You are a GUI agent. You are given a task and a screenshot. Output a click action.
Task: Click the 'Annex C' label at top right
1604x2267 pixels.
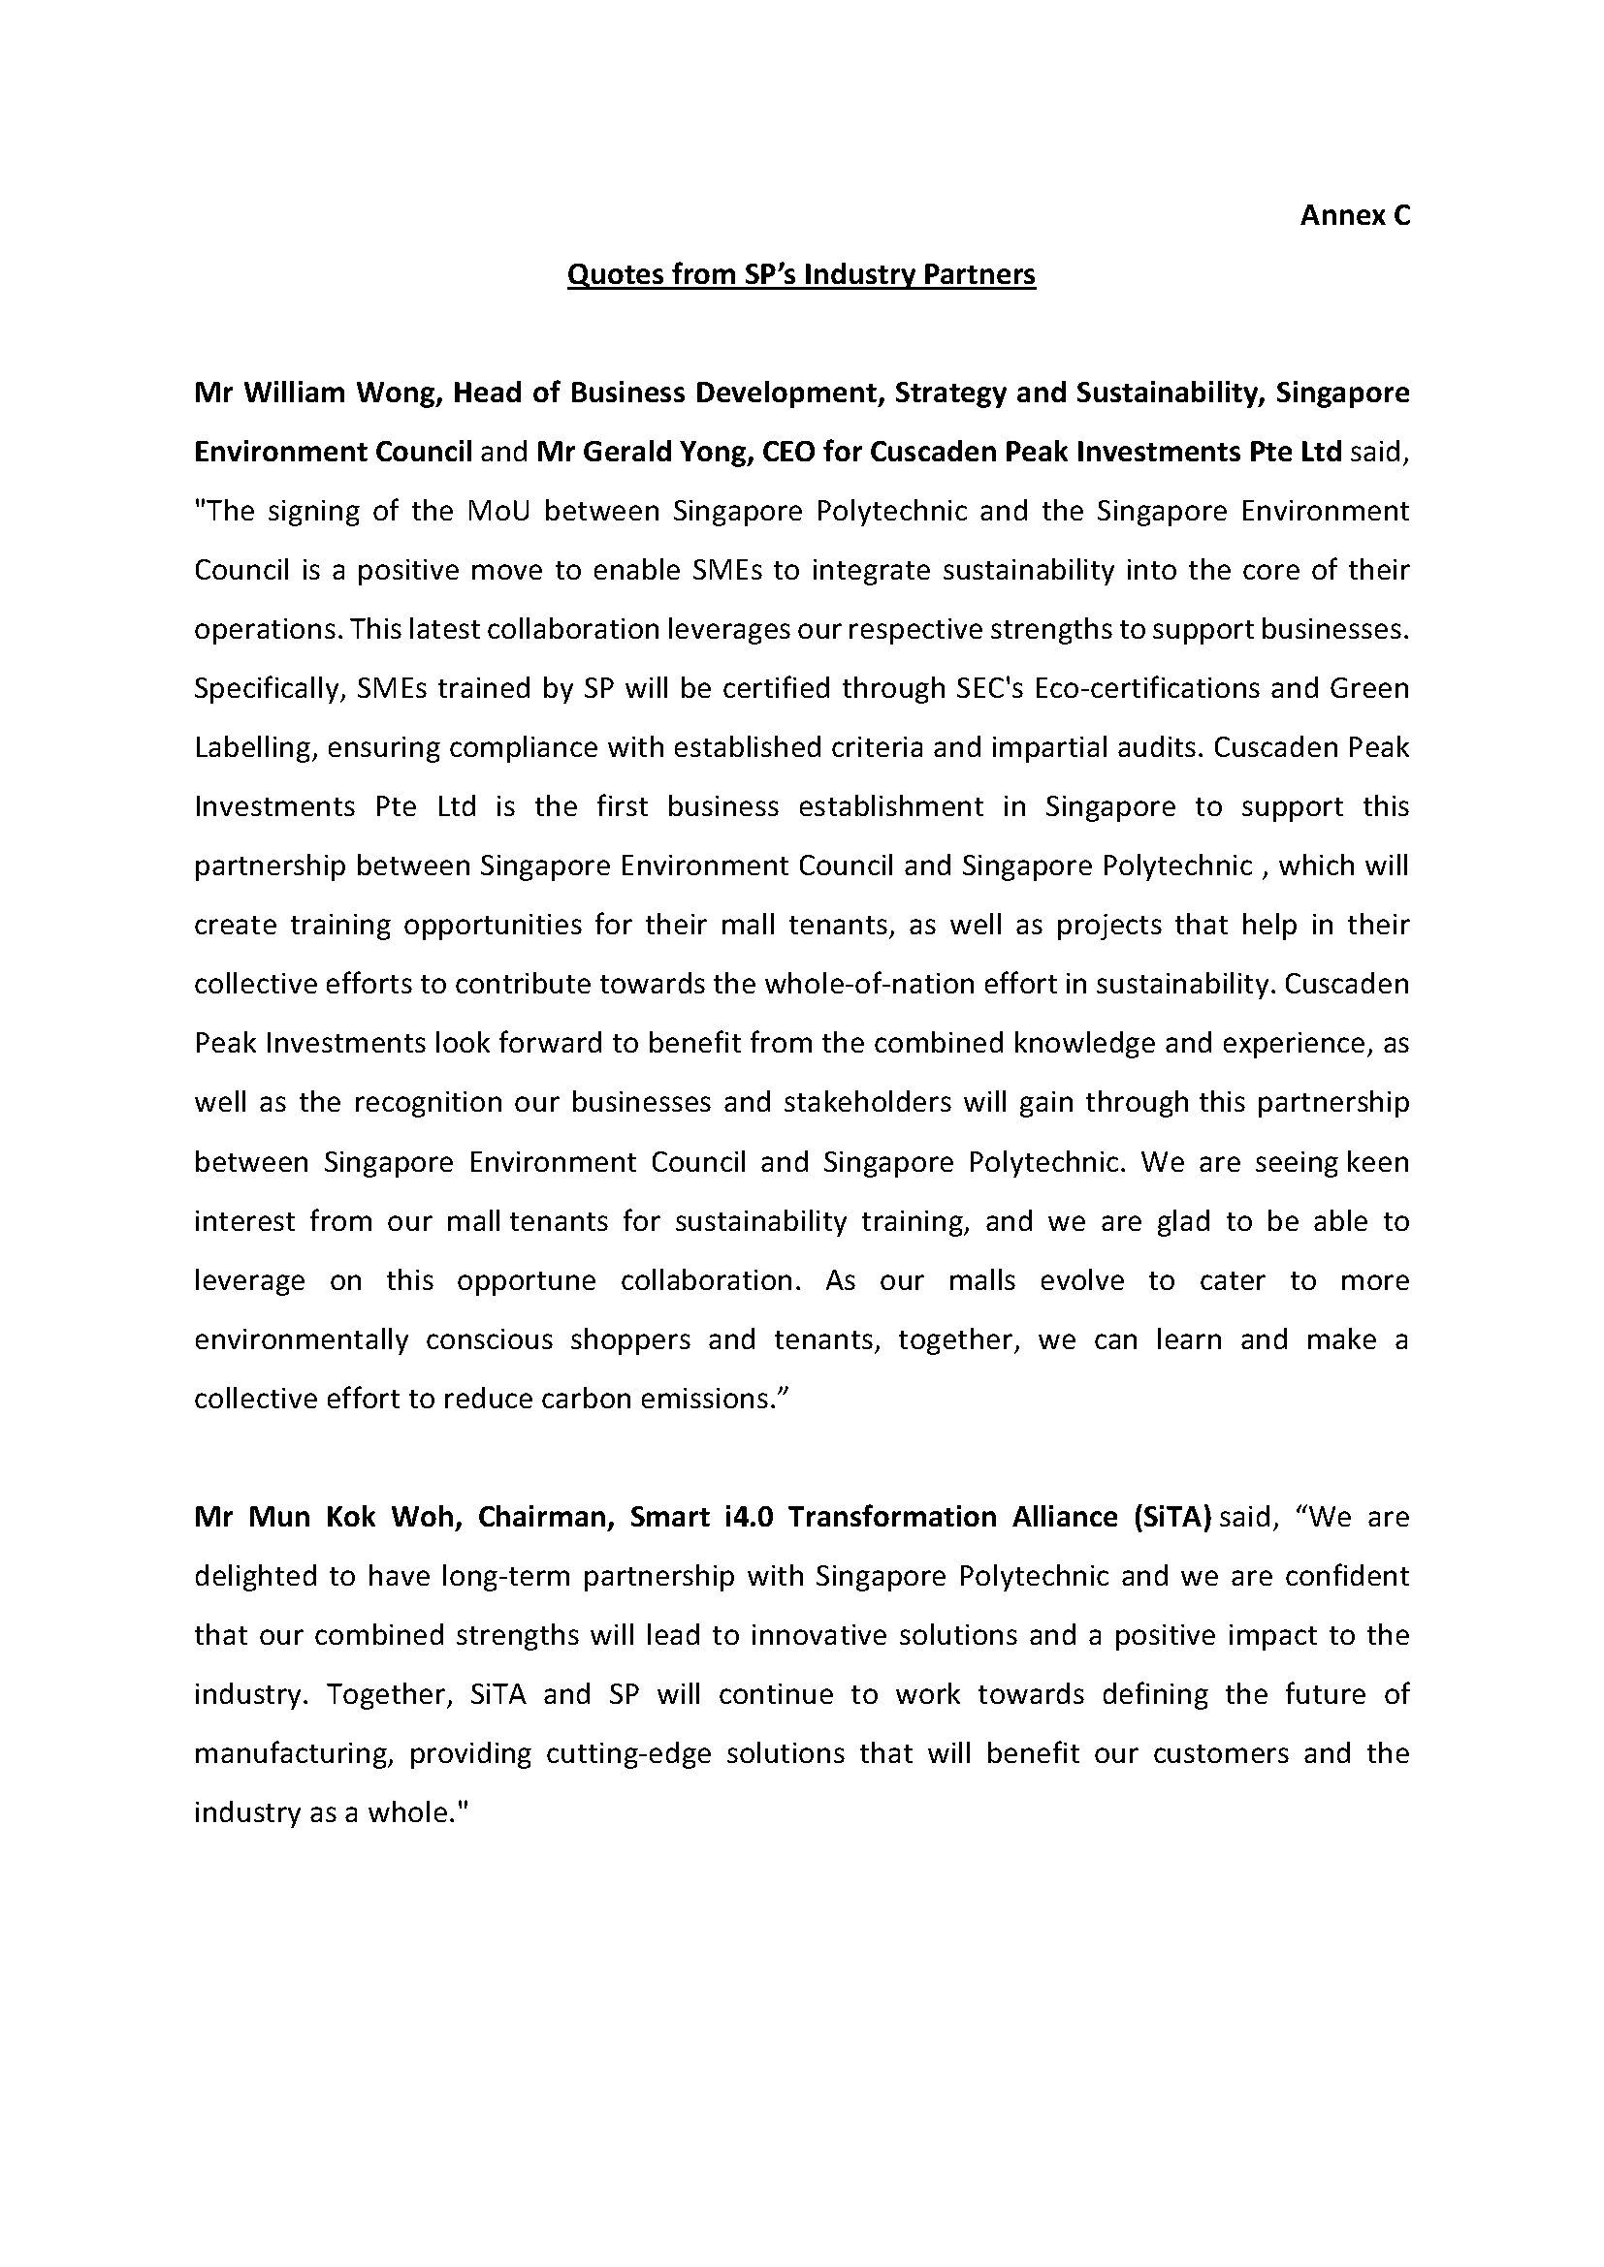(1354, 216)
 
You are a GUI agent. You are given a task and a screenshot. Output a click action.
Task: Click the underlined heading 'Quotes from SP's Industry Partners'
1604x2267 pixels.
(801, 274)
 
